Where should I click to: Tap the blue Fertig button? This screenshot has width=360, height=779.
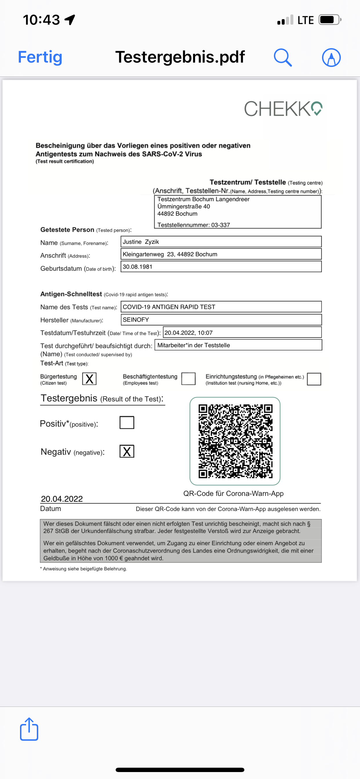tap(40, 57)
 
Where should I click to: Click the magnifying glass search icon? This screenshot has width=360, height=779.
tap(283, 57)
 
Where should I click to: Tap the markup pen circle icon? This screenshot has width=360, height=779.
tap(331, 57)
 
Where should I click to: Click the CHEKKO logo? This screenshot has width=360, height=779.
tap(283, 109)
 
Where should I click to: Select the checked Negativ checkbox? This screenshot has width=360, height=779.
tap(127, 452)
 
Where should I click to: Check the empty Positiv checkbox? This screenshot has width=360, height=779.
tap(127, 423)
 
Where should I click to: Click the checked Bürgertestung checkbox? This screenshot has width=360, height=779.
tap(89, 378)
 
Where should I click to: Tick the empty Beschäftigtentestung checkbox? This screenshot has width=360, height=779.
tap(188, 378)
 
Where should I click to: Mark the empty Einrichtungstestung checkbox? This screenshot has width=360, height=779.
tap(314, 379)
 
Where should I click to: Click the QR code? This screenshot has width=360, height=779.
tap(235, 441)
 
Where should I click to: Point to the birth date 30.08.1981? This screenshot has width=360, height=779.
tap(137, 267)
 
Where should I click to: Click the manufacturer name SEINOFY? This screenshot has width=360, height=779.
tap(136, 320)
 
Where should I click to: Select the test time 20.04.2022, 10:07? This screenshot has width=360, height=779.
tap(188, 333)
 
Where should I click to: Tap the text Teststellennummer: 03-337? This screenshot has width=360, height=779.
tap(194, 225)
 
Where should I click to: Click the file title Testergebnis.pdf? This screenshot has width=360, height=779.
tap(180, 57)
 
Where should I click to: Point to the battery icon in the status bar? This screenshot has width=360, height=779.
tap(330, 20)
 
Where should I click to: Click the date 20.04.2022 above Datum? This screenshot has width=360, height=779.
tap(62, 499)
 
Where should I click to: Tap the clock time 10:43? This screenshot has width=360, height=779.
tap(41, 20)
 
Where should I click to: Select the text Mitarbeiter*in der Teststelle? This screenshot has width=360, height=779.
tap(194, 345)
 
